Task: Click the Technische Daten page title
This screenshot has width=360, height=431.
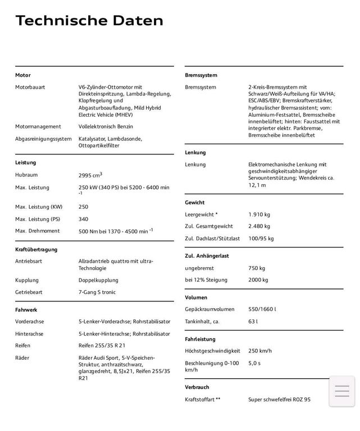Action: [x=89, y=21]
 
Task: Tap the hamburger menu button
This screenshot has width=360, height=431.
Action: [x=341, y=391]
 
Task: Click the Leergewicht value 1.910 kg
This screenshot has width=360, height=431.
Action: [x=259, y=214]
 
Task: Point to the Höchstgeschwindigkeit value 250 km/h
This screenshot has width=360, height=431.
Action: [x=260, y=351]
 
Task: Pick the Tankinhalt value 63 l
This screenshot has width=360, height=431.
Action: [x=253, y=322]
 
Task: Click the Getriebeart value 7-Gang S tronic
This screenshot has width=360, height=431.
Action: [x=98, y=292]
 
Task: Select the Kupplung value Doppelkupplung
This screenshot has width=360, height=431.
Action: [x=98, y=279]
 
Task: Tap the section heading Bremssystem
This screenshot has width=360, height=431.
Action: [x=201, y=75]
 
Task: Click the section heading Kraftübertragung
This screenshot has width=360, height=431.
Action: [x=36, y=249]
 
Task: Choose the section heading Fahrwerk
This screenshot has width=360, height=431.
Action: [x=26, y=309]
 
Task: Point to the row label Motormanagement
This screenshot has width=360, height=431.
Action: [x=38, y=126]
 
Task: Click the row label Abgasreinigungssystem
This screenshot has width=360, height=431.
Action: [x=43, y=139]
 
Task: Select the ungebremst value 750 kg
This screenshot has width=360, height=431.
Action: [x=257, y=268]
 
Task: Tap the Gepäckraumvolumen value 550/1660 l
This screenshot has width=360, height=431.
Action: [x=262, y=309]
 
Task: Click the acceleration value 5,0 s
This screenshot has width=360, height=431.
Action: [x=254, y=363]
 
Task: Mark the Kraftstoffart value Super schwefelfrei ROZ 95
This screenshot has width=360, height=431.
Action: [x=279, y=400]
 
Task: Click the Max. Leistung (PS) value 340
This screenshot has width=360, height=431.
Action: [x=83, y=219]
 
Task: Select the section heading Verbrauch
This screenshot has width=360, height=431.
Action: [x=197, y=387]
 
